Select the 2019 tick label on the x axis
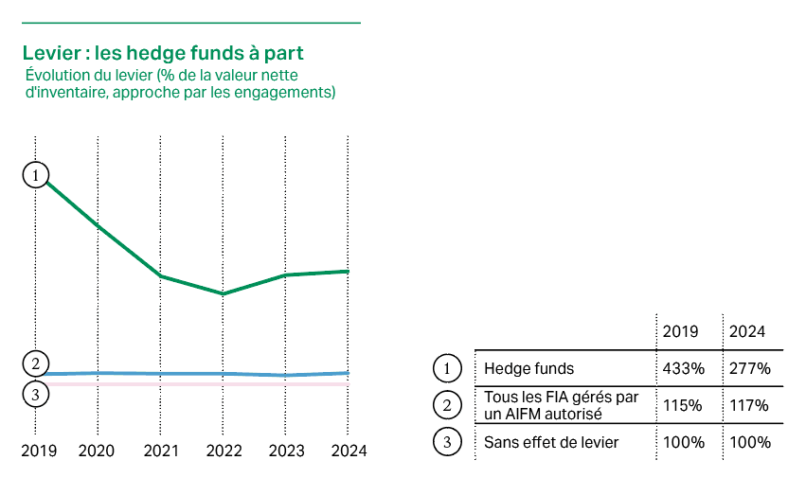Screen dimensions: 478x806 (38, 451)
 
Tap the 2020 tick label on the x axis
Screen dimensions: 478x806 (97, 451)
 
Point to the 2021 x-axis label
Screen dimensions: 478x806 (161, 451)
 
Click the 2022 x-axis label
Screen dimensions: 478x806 (224, 451)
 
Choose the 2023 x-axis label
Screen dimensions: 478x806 (286, 451)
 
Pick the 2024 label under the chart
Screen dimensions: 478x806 (348, 451)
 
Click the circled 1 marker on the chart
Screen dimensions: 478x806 (35, 175)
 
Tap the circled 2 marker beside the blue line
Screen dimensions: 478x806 (35, 363)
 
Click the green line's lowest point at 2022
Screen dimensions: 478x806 (223, 293)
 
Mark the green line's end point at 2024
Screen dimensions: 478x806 (349, 272)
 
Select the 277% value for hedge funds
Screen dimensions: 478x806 (750, 367)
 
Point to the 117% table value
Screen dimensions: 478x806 (750, 405)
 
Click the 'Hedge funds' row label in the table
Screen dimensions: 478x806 (528, 367)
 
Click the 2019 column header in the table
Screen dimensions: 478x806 (680, 332)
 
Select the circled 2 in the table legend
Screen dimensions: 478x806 (446, 405)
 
